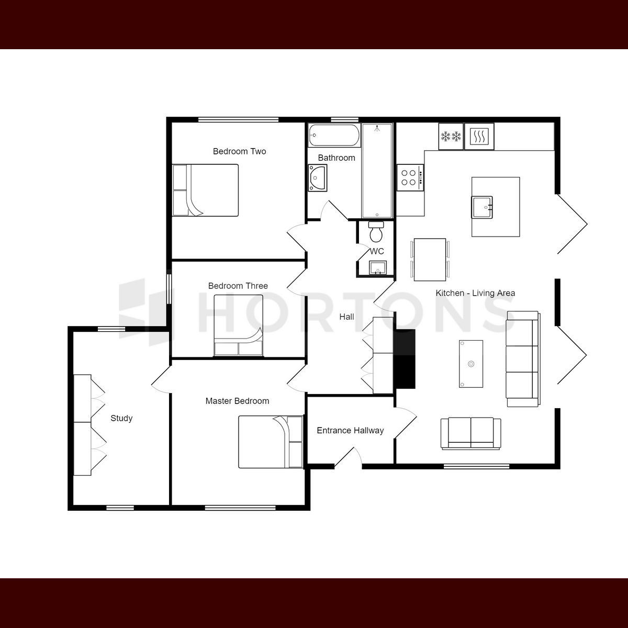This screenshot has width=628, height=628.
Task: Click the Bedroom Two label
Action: click(239, 151)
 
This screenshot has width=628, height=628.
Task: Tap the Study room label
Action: click(121, 418)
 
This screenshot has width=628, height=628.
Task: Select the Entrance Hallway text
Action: click(350, 431)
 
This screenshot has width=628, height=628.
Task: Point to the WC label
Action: click(377, 251)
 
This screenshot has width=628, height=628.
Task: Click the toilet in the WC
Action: click(376, 232)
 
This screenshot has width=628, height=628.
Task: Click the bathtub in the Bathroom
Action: click(334, 135)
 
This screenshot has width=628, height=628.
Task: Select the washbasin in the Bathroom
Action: click(318, 177)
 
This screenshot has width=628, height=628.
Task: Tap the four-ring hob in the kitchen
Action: click(410, 177)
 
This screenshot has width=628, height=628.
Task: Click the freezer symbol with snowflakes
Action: click(451, 136)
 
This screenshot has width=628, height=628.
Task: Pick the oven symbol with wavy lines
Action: click(479, 136)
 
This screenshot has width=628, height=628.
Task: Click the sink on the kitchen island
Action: click(481, 207)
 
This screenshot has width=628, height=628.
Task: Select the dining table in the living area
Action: click(430, 260)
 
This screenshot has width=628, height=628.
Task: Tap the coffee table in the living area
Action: click(471, 364)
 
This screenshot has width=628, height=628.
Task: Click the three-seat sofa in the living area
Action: click(523, 359)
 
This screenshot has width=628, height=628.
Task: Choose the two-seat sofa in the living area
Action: click(470, 433)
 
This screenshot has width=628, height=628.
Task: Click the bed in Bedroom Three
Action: click(238, 325)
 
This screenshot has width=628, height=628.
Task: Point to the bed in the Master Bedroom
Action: click(271, 442)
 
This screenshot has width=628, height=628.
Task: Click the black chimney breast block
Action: click(405, 359)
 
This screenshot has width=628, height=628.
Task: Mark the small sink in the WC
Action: click(378, 267)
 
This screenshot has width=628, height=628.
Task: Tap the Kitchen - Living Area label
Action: click(475, 293)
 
